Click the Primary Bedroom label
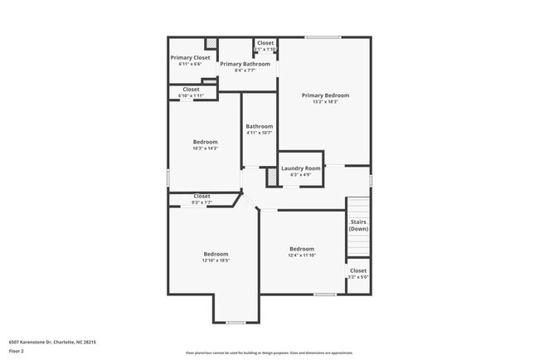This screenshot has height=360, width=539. coord(325,95)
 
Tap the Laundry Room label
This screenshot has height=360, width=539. coord(300,168)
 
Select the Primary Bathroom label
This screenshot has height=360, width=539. coord(245,64)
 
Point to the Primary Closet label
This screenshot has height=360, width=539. coord(190,57)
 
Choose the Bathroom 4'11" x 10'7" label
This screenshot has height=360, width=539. coord(259,127)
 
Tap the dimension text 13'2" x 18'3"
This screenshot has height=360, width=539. coord(325,102)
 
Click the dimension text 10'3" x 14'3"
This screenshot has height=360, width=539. coord(205,148)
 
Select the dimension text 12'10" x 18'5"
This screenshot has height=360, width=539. coord(216,260)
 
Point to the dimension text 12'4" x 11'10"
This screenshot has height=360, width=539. coord(302,255)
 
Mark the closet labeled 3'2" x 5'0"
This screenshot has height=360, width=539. coord(358,274)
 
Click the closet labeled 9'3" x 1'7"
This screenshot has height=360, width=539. coord(202,199)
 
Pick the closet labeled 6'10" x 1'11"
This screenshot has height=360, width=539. coord(191,92)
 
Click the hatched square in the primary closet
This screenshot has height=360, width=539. coord(211,43)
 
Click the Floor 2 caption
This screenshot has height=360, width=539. coord(17,351)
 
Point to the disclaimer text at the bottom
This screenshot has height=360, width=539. coord(269,353)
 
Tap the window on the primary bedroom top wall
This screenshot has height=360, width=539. coord(323,36)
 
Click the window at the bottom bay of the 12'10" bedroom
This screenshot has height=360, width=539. coord(236,322)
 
